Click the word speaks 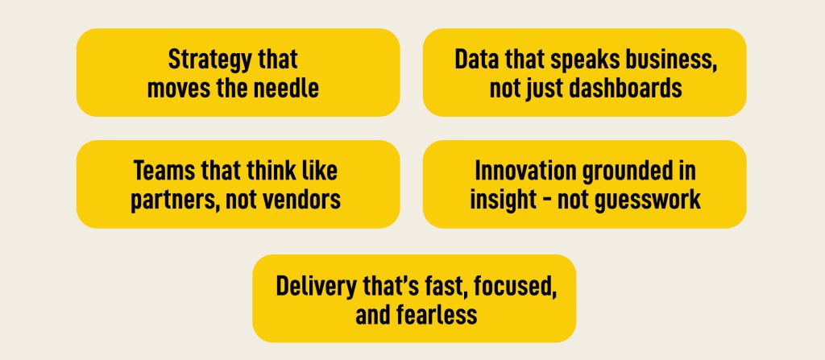[579, 60]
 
